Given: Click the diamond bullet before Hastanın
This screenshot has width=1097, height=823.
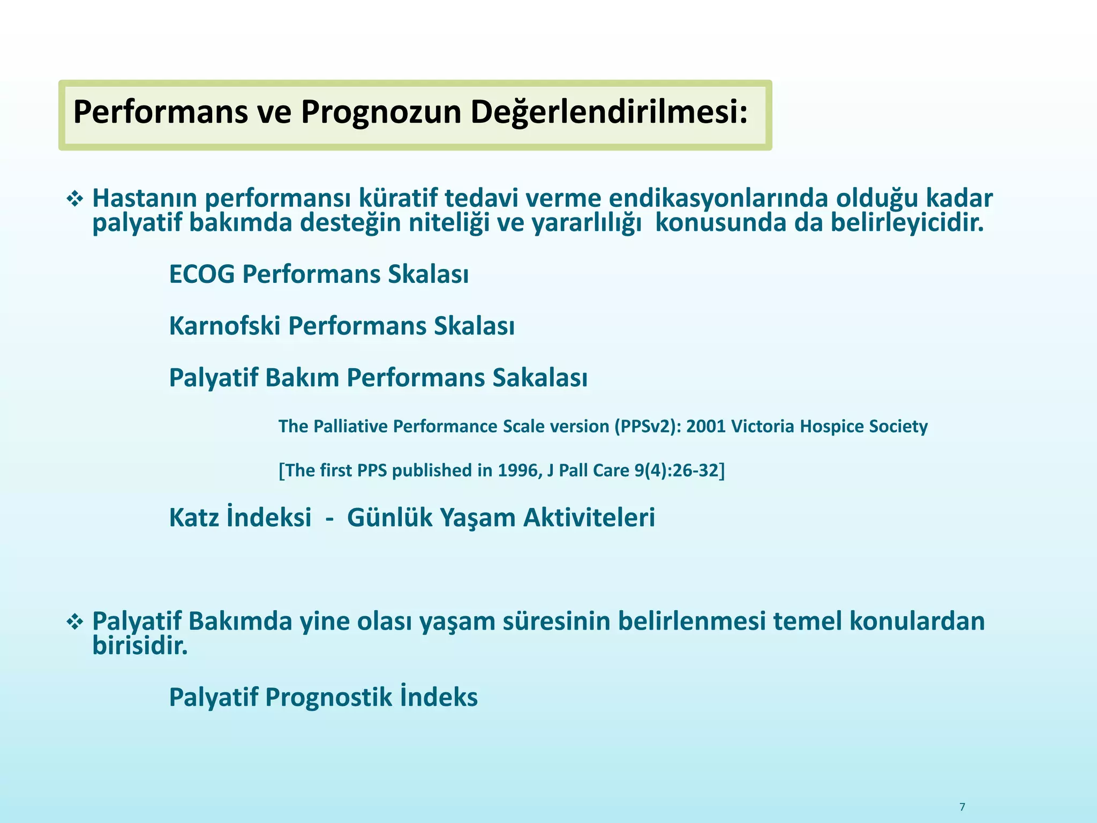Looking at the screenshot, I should click(74, 200).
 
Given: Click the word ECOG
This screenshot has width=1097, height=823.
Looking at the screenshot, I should click(202, 274).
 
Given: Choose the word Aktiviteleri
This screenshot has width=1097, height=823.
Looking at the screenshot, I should click(589, 518).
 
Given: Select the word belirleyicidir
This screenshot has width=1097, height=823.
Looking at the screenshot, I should click(907, 223).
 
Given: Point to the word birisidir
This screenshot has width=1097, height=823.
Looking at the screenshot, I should click(140, 646).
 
